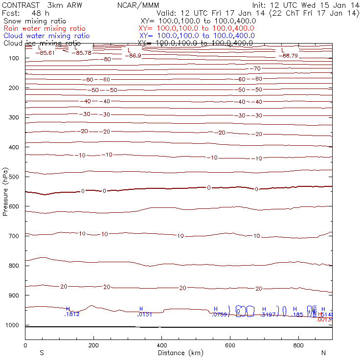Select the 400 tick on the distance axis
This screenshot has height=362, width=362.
[x=161, y=345]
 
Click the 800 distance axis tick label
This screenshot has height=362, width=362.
[x=298, y=345]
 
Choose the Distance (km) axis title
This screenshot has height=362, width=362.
[x=178, y=353]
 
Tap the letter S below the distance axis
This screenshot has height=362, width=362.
[x=42, y=353]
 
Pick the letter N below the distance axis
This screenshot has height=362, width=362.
[x=323, y=353]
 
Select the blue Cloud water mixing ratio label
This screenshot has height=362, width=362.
[x=46, y=36]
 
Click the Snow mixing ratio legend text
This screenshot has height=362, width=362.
[x=34, y=22]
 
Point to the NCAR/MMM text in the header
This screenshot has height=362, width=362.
[x=138, y=5]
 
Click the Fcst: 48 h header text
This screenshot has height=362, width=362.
[x=22, y=13]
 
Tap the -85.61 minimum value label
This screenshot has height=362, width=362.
[x=47, y=52]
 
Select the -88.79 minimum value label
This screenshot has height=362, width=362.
[x=288, y=55]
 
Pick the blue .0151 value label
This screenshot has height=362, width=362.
[x=145, y=315]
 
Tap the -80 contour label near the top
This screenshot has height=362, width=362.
[x=107, y=59]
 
